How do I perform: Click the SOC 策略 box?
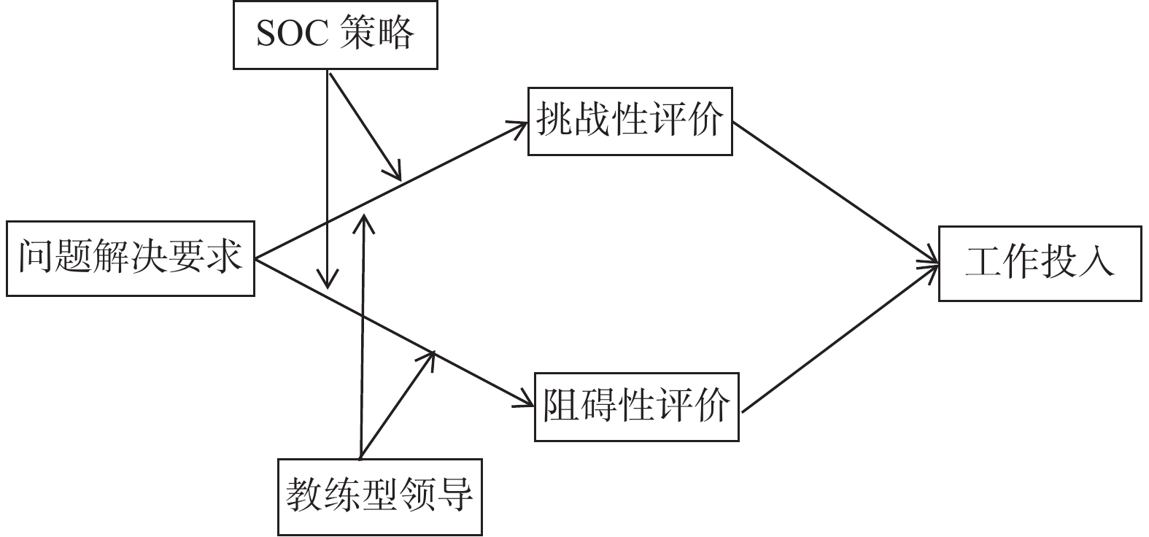click(x=335, y=34)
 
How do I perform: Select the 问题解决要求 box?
click(x=130, y=258)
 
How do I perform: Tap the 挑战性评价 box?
click(x=630, y=121)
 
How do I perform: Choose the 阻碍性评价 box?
click(x=636, y=407)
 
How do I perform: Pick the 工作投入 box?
click(x=1040, y=263)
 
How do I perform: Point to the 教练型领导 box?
click(x=379, y=497)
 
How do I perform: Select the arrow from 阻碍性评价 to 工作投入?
click(x=839, y=339)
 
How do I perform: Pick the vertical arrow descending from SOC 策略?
click(x=328, y=182)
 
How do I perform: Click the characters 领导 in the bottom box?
click(x=438, y=497)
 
